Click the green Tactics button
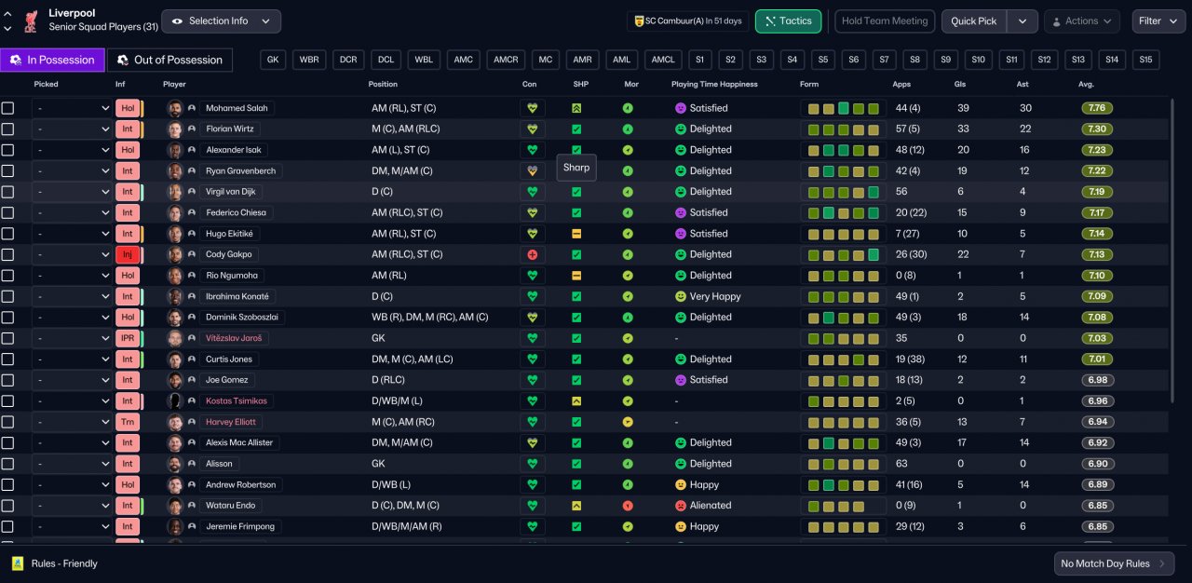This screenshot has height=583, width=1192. (x=788, y=21)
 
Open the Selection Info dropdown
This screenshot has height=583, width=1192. (x=221, y=21)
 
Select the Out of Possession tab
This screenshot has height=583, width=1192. (x=169, y=61)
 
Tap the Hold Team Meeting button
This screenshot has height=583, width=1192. (x=885, y=21)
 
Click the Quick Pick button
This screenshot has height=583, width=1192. (x=973, y=21)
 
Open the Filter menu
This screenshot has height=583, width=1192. (x=1158, y=21)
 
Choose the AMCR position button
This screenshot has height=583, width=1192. (x=506, y=60)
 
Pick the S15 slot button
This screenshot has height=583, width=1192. (x=1145, y=60)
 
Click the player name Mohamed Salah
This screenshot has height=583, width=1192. (x=237, y=108)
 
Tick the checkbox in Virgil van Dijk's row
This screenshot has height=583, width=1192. (x=7, y=192)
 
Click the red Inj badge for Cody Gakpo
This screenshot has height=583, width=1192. (x=128, y=254)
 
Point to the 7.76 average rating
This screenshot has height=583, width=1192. (x=1097, y=108)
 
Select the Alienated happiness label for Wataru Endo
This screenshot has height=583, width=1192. (x=711, y=506)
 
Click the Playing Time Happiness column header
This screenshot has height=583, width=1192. (x=714, y=84)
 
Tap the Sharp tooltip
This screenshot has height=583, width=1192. (x=576, y=168)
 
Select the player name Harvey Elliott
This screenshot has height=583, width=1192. (x=230, y=422)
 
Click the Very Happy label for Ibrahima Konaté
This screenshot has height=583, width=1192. (x=715, y=296)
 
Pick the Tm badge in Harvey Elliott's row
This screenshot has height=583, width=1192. (x=128, y=422)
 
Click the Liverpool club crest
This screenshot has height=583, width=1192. (x=32, y=21)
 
